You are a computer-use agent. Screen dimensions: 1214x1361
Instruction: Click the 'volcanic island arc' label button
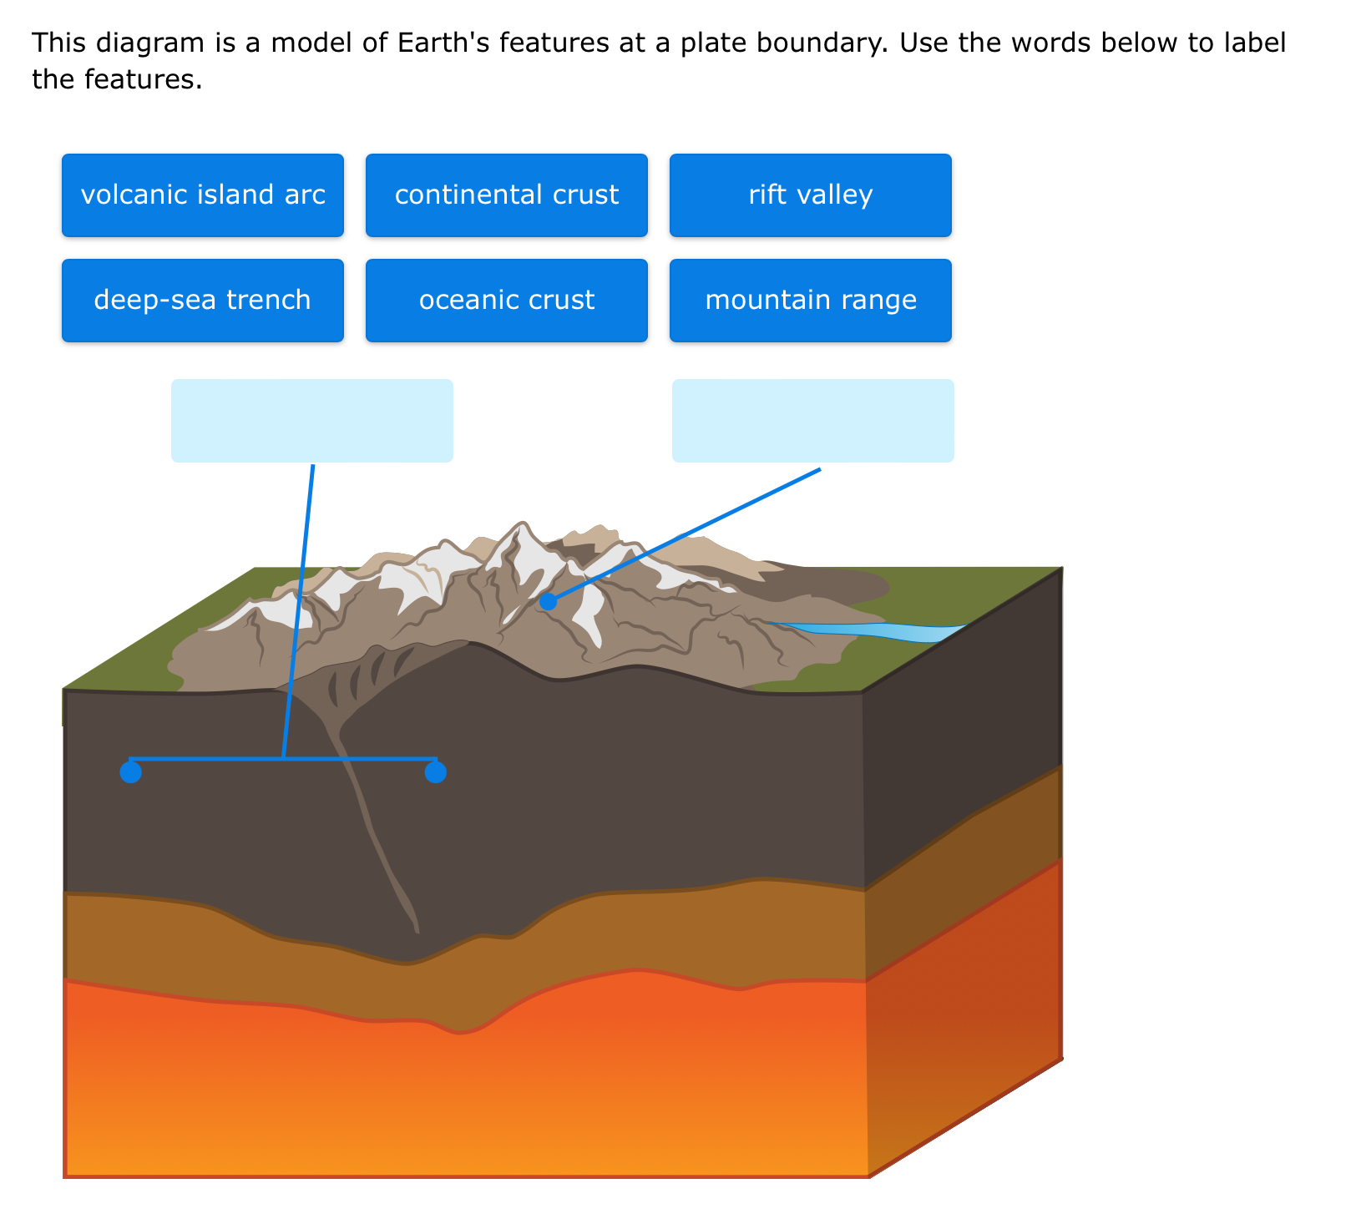203,195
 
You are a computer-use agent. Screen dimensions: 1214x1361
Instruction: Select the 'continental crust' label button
506,195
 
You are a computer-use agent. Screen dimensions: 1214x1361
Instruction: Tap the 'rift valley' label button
810,195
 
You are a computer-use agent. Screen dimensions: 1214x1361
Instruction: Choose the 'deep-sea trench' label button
203,301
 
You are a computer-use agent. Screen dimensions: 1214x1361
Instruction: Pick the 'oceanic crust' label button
506,301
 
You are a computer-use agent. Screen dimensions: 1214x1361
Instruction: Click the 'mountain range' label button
810,301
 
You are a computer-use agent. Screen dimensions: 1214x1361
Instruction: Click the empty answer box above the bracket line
312,421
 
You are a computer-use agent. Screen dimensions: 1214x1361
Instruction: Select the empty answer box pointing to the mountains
812,421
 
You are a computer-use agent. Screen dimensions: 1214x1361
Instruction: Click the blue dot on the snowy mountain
548,601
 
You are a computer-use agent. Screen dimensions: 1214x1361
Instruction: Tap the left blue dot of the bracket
130,772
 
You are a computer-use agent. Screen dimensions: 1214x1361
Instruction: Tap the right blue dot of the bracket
435,772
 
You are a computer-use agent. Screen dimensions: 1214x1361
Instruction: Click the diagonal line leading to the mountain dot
685,534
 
